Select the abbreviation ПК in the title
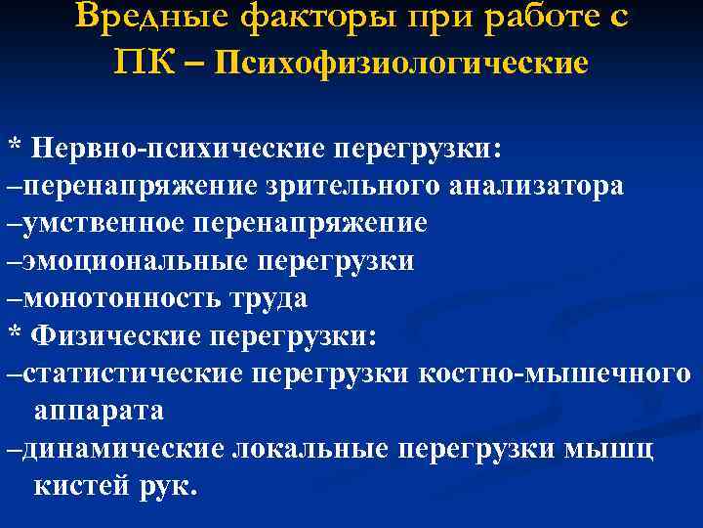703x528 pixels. [x=145, y=63]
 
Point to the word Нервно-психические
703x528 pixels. [x=180, y=149]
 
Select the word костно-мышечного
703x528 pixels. [x=555, y=374]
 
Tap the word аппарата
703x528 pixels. [x=99, y=412]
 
